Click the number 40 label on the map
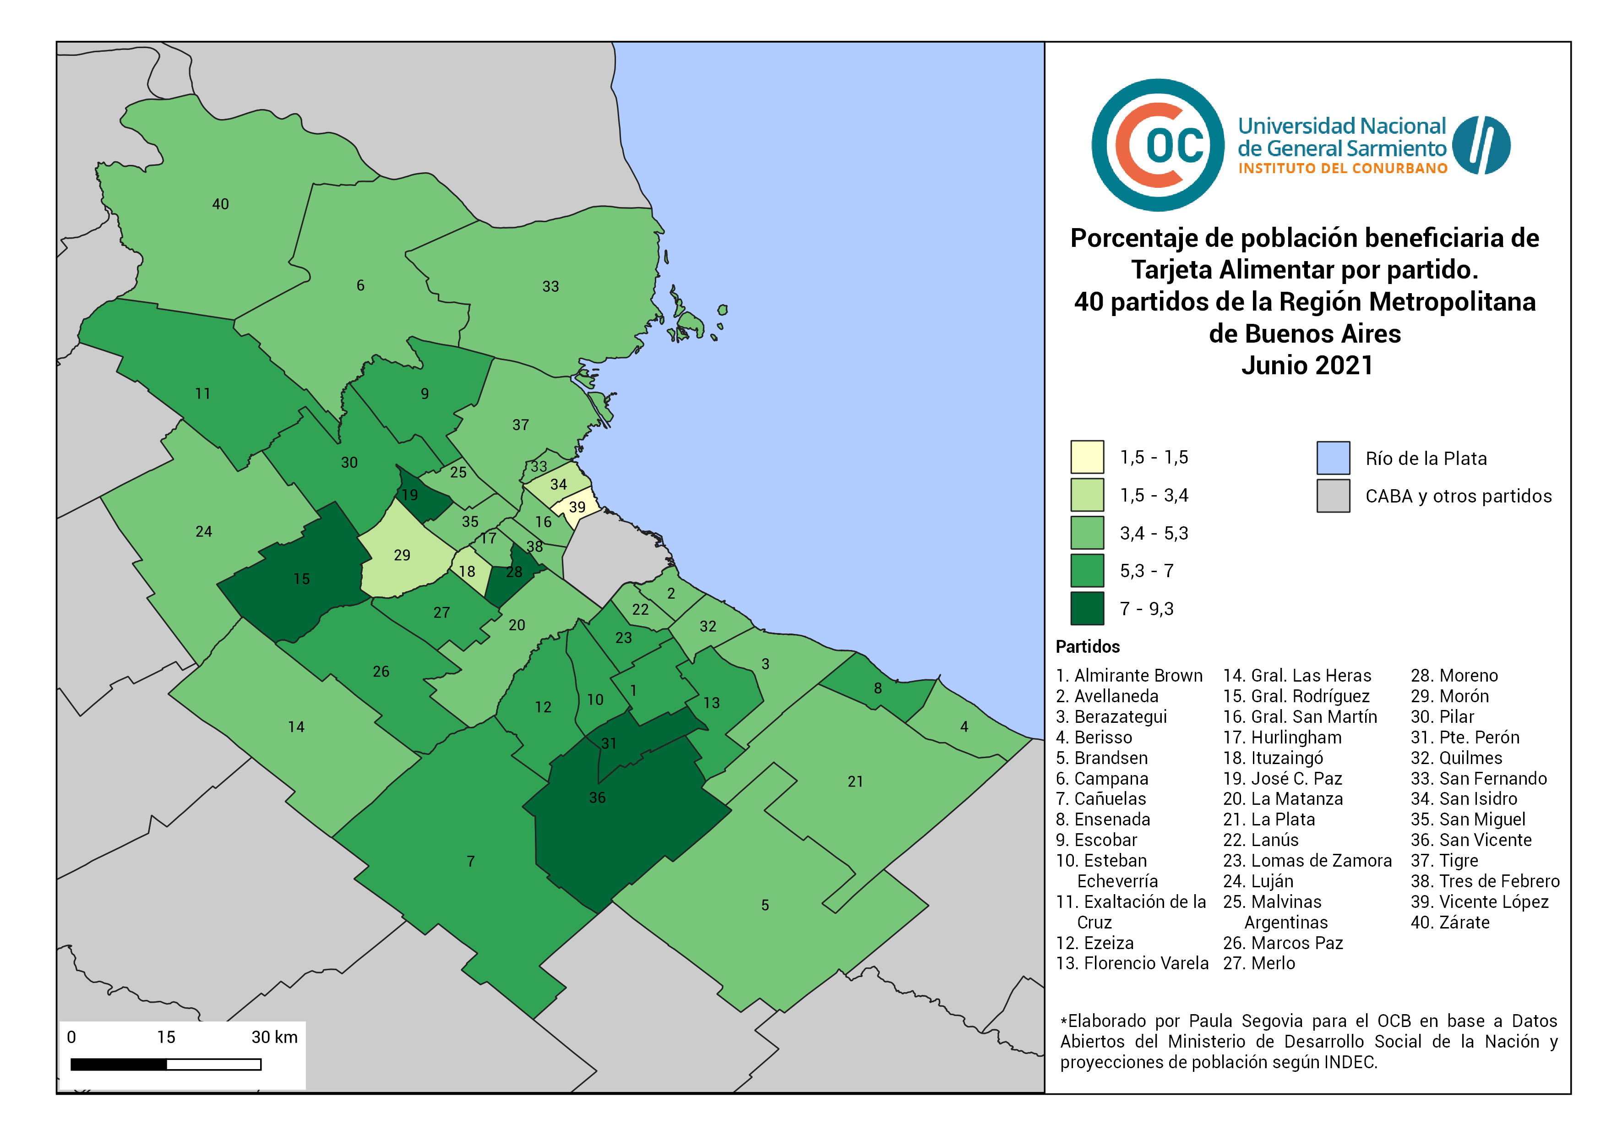[x=220, y=204]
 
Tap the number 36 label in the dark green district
[x=597, y=797]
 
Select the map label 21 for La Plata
[x=855, y=781]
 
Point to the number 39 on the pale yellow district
[x=577, y=507]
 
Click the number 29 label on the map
[x=402, y=556]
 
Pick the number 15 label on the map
[x=301, y=579]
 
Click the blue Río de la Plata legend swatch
[x=1333, y=458]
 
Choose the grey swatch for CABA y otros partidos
[x=1333, y=496]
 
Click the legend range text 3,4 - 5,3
[x=1154, y=534]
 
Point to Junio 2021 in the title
[x=1307, y=365]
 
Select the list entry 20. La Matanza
[x=1282, y=799]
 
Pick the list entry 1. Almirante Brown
[x=1129, y=676]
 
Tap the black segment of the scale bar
[x=119, y=1065]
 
